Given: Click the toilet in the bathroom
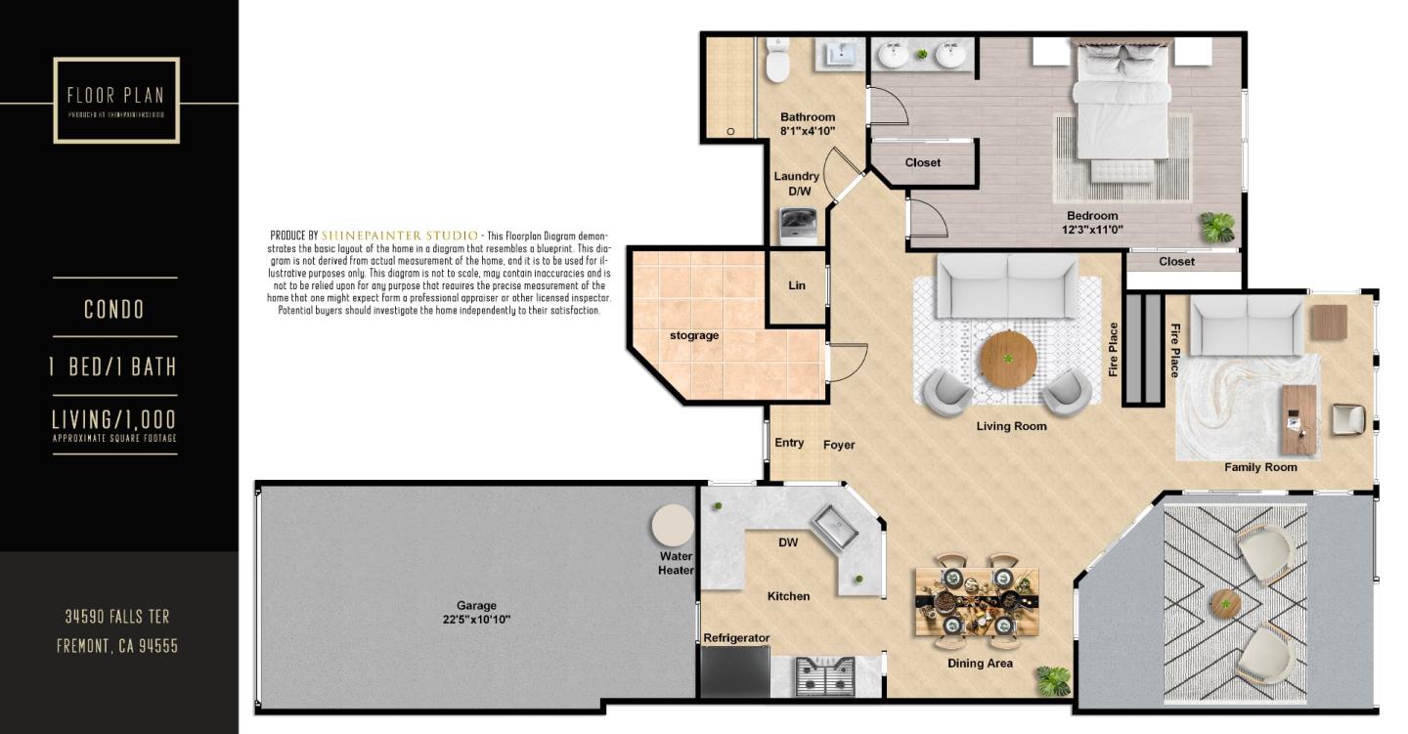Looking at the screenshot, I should click(778, 63).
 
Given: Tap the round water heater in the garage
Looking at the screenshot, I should click(673, 526).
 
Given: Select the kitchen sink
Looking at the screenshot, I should click(832, 527).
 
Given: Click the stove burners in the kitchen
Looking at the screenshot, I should click(825, 673).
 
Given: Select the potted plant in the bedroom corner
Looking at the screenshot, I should click(1217, 227).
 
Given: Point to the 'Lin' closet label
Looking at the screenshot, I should click(796, 286).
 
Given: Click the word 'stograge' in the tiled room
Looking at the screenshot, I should click(694, 335).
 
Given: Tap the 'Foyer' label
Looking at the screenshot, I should click(839, 445).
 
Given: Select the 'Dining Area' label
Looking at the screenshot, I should click(980, 663).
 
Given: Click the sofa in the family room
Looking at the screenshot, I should click(1247, 325).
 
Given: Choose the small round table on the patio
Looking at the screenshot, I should click(1224, 602).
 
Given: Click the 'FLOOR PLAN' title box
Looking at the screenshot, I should click(116, 100).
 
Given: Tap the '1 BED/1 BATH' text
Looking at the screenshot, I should click(113, 367).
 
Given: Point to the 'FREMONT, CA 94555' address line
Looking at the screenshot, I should click(117, 646).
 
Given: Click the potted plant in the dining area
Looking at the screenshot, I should click(1053, 679).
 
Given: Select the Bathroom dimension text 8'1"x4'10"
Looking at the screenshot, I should click(808, 130).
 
